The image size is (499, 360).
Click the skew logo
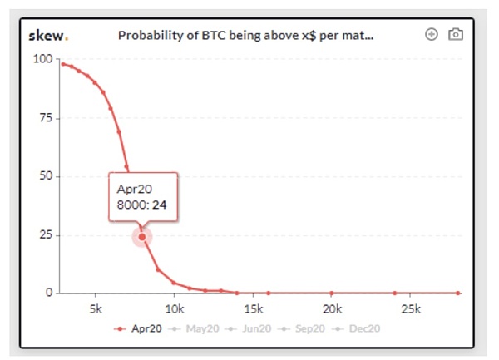click(x=49, y=36)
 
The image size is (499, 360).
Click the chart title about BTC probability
click(x=245, y=36)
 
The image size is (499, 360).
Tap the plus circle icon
click(x=431, y=35)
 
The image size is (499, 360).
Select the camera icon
click(x=455, y=35)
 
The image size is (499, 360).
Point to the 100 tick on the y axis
click(x=42, y=59)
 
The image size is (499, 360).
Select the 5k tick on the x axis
click(x=96, y=309)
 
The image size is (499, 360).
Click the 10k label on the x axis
click(x=174, y=309)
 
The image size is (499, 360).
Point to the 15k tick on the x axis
click(x=253, y=309)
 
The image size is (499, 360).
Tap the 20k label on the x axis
click(x=332, y=309)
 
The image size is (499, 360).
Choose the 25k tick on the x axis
click(x=410, y=309)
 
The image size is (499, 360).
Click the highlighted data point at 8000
click(x=142, y=237)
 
